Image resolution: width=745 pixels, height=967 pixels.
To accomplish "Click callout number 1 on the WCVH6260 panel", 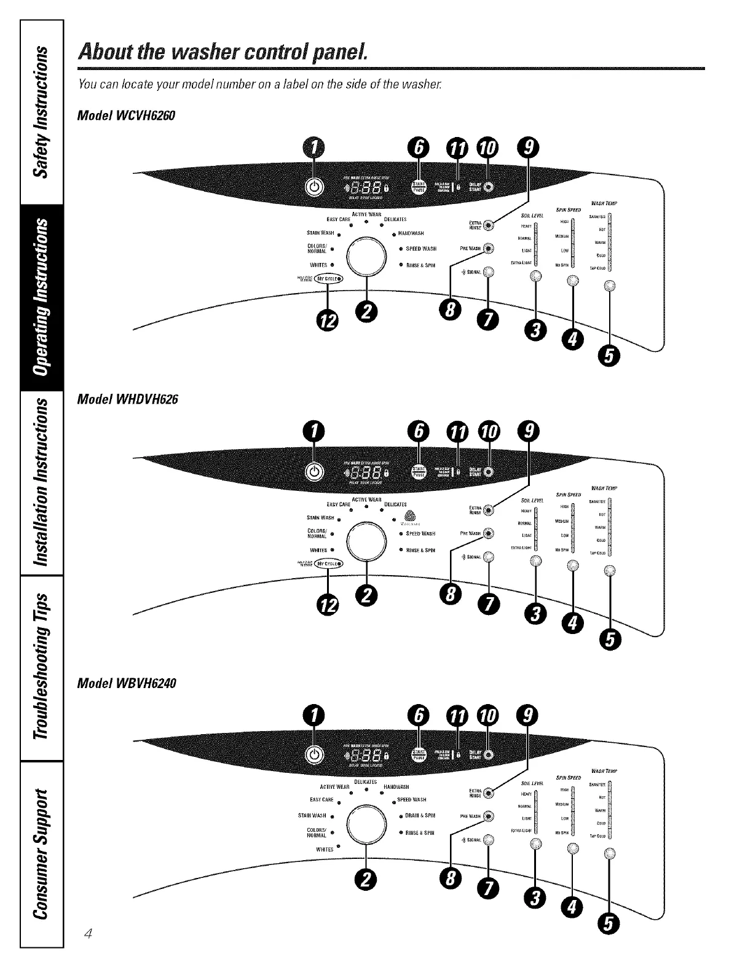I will point(313,148).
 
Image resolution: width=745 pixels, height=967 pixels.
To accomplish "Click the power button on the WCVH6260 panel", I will point(314,187).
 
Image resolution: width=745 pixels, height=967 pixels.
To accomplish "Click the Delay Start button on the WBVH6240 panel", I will point(489,754).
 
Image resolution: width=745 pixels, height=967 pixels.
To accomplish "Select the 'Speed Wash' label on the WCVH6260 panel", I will point(421,249).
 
